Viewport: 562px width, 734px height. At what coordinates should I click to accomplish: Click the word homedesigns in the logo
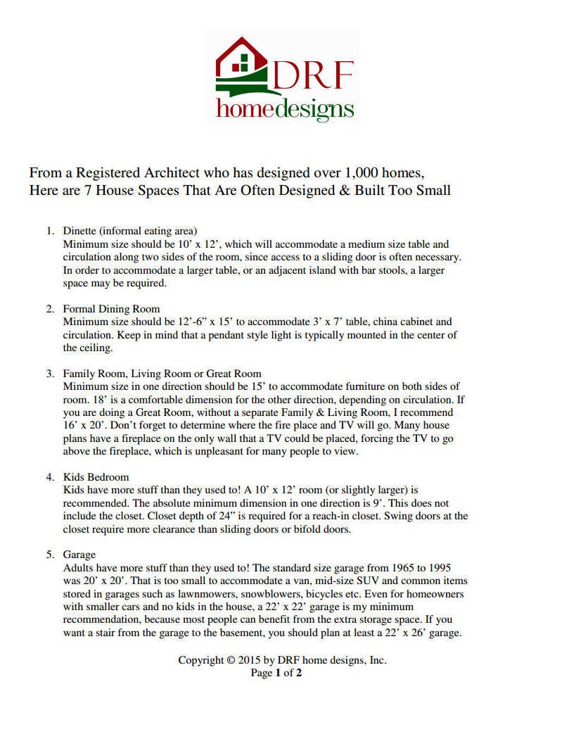tap(285, 108)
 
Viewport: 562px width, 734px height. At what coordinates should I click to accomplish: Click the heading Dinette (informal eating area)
tap(130, 231)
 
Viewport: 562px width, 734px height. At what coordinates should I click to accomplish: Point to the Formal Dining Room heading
tap(111, 309)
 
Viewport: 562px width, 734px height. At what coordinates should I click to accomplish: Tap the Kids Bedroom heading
tap(96, 477)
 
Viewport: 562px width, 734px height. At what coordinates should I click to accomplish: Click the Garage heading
tap(79, 555)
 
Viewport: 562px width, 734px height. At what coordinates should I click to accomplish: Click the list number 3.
tap(50, 374)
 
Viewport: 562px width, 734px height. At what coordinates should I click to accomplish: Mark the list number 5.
tap(50, 555)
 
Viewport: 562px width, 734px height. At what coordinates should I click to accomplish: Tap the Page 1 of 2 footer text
tap(276, 673)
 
